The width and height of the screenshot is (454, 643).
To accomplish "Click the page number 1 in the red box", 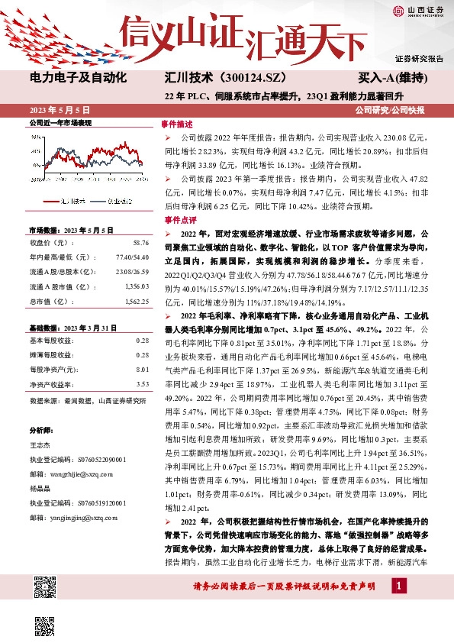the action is pos(398,586).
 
